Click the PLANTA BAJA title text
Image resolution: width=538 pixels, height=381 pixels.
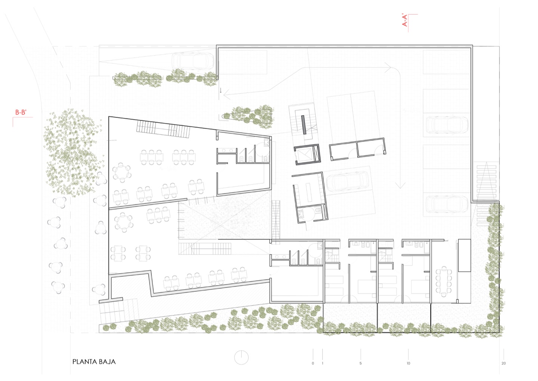[x=94, y=362]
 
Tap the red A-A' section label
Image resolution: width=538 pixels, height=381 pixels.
[x=405, y=21]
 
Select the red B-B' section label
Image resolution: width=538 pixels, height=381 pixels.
[x=21, y=112]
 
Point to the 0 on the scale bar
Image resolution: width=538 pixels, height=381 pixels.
[x=313, y=363]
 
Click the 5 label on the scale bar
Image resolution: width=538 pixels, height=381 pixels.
[x=361, y=363]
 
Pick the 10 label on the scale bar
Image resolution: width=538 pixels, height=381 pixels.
[x=408, y=363]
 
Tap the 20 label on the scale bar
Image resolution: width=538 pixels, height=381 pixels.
[x=504, y=363]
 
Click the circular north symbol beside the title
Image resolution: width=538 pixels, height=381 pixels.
[x=241, y=358]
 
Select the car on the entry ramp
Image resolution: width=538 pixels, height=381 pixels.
[x=193, y=61]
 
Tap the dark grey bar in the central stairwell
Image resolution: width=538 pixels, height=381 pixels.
[x=304, y=125]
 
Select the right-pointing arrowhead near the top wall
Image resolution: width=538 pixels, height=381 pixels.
[x=388, y=68]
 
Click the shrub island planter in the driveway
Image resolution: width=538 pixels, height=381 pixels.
[x=248, y=115]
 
